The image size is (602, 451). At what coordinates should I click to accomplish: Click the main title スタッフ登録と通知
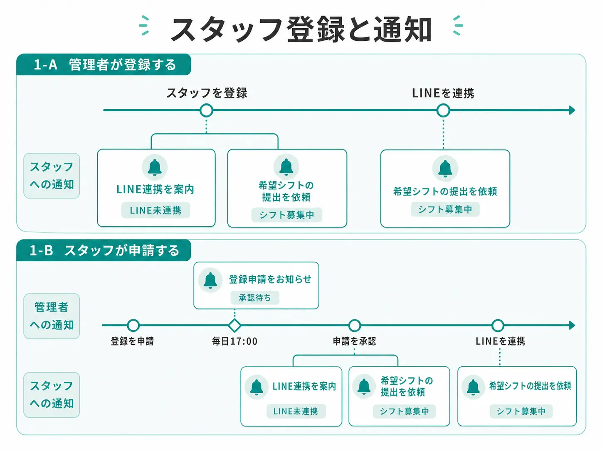coord(301,29)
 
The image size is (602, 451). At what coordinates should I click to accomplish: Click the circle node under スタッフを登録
coord(206,110)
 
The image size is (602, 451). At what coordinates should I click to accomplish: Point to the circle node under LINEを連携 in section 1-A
coord(443,110)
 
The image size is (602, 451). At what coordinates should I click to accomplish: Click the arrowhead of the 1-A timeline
coord(572,110)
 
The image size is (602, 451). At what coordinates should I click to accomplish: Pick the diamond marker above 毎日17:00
coord(235,326)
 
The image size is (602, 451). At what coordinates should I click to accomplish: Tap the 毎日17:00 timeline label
coord(235,341)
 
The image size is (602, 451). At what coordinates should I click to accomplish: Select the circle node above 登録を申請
coord(133,326)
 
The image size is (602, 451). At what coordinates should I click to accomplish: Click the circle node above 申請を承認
coord(354,326)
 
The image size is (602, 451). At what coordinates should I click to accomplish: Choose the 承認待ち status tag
coord(255,298)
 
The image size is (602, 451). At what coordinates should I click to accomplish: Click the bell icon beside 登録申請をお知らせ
coord(210,280)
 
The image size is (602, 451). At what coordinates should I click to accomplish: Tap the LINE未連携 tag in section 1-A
coord(155,210)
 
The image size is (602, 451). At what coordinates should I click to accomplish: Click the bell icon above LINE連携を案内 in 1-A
coord(155,167)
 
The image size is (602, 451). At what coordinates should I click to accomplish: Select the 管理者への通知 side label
coord(52,316)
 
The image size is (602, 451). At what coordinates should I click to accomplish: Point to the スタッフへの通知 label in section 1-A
coord(52,176)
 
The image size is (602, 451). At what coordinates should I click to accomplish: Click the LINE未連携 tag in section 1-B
coord(296,411)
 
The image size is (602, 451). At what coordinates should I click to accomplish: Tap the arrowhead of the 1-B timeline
coord(572,326)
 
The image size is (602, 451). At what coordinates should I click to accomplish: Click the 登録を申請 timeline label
coord(132,341)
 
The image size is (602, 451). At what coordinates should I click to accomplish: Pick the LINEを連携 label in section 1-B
coord(500,341)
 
